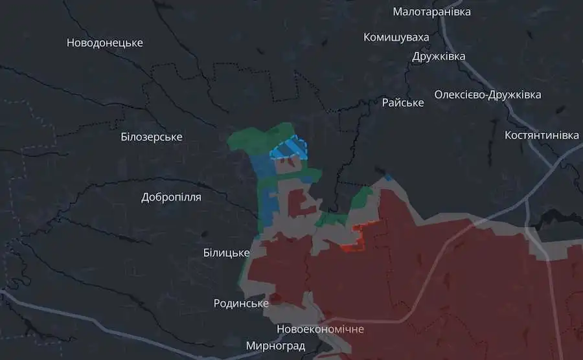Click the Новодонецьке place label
pos(104,43)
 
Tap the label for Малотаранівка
pos(431,12)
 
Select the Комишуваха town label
pos(396,37)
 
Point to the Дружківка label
pos(439,56)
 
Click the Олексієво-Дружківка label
pos(487,95)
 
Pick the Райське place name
pos(403,102)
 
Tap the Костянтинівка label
pos(542,135)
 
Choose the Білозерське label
pos(152,137)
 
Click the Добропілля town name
pos(171,197)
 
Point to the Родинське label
pos(241,303)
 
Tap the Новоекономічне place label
pos(320,329)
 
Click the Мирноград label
pos(275,345)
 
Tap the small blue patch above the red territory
pos(387,177)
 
